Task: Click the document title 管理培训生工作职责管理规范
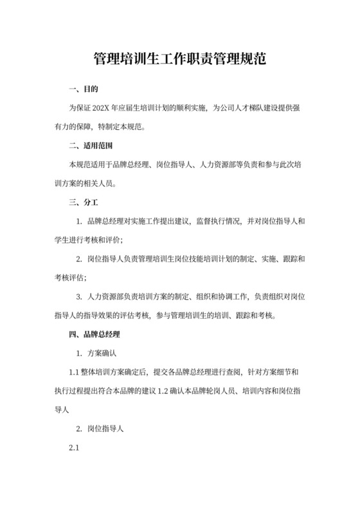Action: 180,60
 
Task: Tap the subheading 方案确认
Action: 101,353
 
